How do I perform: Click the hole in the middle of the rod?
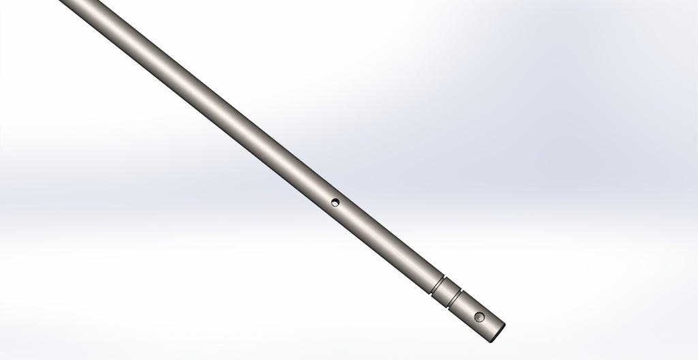(x=335, y=202)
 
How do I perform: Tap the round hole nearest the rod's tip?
(x=479, y=317)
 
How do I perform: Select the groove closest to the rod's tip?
(x=455, y=299)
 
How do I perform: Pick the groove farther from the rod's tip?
(x=438, y=285)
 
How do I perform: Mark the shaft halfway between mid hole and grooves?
(x=386, y=243)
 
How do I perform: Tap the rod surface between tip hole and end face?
(x=489, y=325)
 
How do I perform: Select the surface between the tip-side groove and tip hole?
(x=467, y=307)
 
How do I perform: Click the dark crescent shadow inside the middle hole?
(x=333, y=201)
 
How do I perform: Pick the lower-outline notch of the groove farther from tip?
(x=431, y=295)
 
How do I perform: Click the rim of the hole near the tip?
(x=475, y=315)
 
